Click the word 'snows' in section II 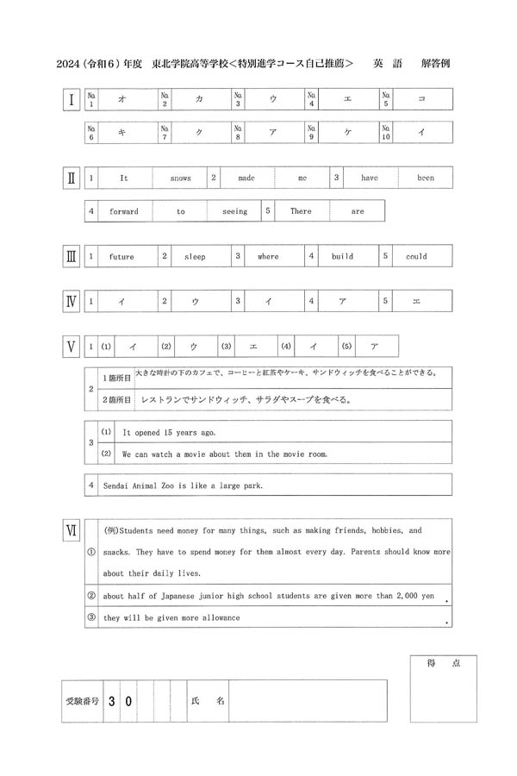point(180,178)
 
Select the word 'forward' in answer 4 point(123,211)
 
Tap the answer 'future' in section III point(121,257)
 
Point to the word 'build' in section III point(342,257)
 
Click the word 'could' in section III point(416,257)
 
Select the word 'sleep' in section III point(195,257)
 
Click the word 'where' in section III point(268,257)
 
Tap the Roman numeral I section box point(71,100)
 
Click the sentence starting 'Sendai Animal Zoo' point(183,485)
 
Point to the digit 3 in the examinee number point(111,701)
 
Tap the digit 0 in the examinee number point(128,701)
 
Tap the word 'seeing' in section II point(234,211)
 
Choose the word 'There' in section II point(301,211)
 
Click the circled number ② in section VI point(91,595)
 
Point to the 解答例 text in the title point(436,64)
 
